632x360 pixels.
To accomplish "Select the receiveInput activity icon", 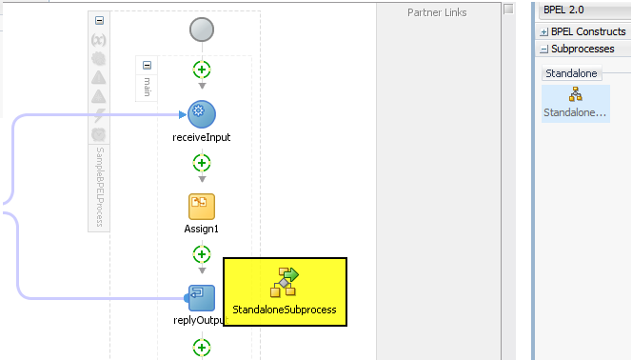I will pyautogui.click(x=201, y=113).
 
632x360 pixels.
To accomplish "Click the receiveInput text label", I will pyautogui.click(x=201, y=137).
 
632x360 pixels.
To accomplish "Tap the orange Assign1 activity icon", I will pyautogui.click(x=201, y=206).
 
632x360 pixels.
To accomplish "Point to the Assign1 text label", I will pyautogui.click(x=201, y=229).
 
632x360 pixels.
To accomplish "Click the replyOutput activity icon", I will pyautogui.click(x=201, y=297).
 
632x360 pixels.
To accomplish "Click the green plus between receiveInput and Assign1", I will pyautogui.click(x=201, y=162).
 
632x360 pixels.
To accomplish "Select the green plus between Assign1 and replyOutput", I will pyautogui.click(x=201, y=253).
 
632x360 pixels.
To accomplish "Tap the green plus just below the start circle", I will pyautogui.click(x=201, y=70).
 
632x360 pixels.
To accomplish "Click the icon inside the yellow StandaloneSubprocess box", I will pyautogui.click(x=285, y=282).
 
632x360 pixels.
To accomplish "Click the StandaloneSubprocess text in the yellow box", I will pyautogui.click(x=285, y=310).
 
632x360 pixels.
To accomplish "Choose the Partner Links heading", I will pyautogui.click(x=437, y=12).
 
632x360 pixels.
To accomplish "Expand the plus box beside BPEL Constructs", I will pyautogui.click(x=543, y=31).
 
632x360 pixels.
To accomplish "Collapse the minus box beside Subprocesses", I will pyautogui.click(x=543, y=49).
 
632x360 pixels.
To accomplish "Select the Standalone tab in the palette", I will pyautogui.click(x=570, y=73).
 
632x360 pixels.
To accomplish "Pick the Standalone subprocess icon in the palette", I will pyautogui.click(x=575, y=94).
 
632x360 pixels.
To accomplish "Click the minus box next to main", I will pyautogui.click(x=147, y=66).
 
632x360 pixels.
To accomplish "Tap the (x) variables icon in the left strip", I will pyautogui.click(x=98, y=40).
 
